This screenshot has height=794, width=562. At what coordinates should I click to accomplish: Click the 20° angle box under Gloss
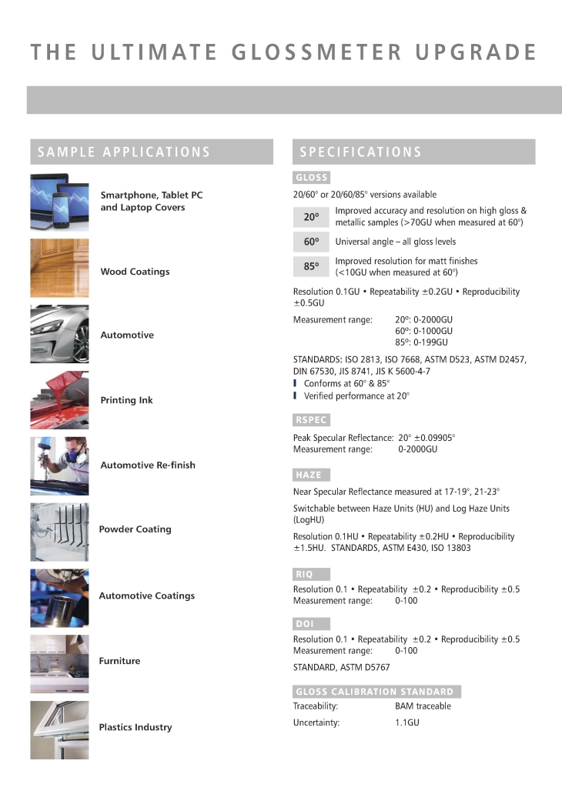pyautogui.click(x=311, y=217)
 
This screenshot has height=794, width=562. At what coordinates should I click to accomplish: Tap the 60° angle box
pyautogui.click(x=311, y=242)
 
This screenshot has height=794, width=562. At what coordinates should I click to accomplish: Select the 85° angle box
pyautogui.click(x=311, y=267)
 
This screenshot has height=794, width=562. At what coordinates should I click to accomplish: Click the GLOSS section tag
pyautogui.click(x=312, y=178)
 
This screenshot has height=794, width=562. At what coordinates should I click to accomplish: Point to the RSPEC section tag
pyautogui.click(x=312, y=420)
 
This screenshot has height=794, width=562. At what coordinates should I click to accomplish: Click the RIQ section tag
pyautogui.click(x=312, y=574)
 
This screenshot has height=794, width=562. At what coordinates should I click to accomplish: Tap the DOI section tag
pyautogui.click(x=312, y=624)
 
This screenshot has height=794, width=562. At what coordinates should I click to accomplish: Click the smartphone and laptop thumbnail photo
pyautogui.click(x=59, y=202)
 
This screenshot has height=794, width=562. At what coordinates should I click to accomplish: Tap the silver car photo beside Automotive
pyautogui.click(x=59, y=335)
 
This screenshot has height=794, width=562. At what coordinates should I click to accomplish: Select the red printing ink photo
pyautogui.click(x=59, y=400)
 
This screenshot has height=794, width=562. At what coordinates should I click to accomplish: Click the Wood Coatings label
pyautogui.click(x=135, y=272)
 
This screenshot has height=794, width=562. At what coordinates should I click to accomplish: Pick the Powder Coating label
pyautogui.click(x=135, y=529)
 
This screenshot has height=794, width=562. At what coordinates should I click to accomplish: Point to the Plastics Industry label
pyautogui.click(x=135, y=727)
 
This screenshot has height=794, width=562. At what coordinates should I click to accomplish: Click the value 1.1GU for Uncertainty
pyautogui.click(x=407, y=722)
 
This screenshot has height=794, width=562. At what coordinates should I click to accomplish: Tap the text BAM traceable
pyautogui.click(x=423, y=706)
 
